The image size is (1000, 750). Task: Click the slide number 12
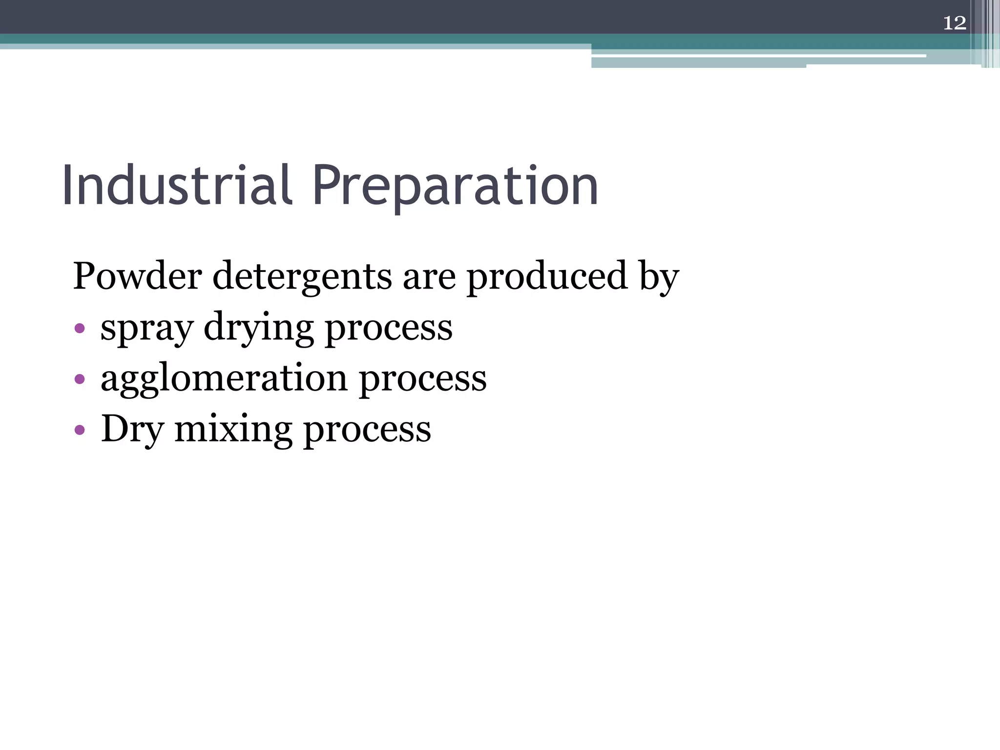click(x=954, y=23)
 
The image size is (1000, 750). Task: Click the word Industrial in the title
click(x=177, y=186)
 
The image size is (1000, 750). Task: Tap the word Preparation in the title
click(x=455, y=187)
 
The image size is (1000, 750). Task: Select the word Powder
click(x=137, y=276)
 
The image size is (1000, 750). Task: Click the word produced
click(x=547, y=276)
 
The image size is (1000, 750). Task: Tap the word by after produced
click(x=659, y=278)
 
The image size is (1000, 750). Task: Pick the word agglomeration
click(x=224, y=379)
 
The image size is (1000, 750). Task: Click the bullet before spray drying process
click(x=80, y=328)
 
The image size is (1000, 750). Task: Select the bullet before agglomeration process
click(x=80, y=379)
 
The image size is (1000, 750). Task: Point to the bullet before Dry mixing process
click(x=80, y=430)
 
